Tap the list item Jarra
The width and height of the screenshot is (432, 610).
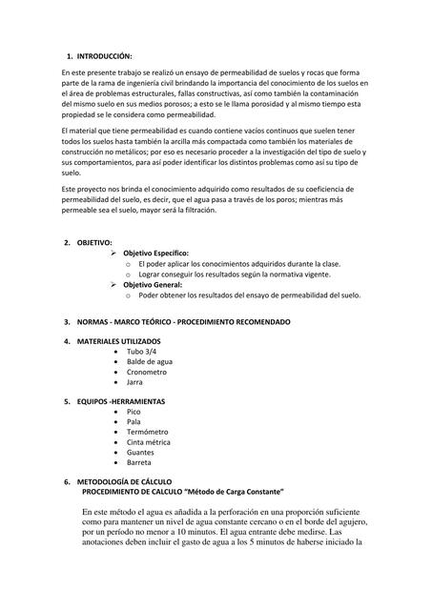pyautogui.click(x=148, y=381)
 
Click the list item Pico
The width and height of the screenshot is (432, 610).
pyautogui.click(x=147, y=411)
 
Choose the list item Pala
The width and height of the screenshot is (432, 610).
pyautogui.click(x=147, y=421)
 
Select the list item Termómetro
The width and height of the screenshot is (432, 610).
pyautogui.click(x=161, y=431)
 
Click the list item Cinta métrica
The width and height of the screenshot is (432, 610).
pyautogui.click(x=164, y=441)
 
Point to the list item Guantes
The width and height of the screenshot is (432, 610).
pyautogui.click(x=154, y=452)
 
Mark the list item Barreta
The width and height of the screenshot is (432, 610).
pyautogui.click(x=154, y=462)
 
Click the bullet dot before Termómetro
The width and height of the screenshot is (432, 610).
pyautogui.click(x=116, y=431)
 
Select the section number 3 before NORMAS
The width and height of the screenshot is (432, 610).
pyautogui.click(x=66, y=322)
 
